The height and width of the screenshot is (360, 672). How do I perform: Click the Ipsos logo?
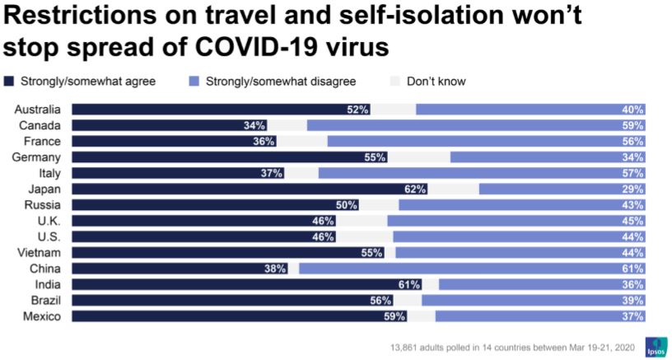tap(656, 345)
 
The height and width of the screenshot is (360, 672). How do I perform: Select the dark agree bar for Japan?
tap(247, 189)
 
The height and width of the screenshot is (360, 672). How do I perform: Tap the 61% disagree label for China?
tap(633, 269)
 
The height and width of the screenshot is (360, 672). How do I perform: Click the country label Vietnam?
tap(43, 252)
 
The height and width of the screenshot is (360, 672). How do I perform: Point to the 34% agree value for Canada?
tap(254, 125)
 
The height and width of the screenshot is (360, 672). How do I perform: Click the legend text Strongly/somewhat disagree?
tap(280, 82)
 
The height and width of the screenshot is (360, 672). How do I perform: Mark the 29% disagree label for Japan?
tap(633, 189)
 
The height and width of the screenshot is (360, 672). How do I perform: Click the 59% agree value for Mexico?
tap(395, 316)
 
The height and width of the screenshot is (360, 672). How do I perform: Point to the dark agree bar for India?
tap(247, 284)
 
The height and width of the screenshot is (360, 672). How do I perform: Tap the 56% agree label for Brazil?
tap(380, 300)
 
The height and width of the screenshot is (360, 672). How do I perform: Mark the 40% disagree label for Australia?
tap(633, 110)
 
